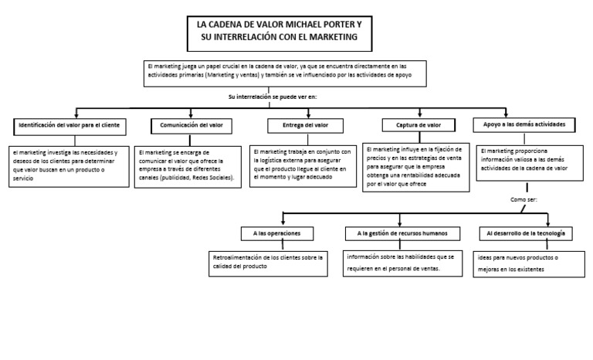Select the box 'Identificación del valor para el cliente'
(70, 124)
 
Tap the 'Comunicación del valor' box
(191, 124)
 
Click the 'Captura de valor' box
(418, 125)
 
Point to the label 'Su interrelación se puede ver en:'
(273, 97)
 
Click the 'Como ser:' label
(524, 199)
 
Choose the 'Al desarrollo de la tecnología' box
(526, 233)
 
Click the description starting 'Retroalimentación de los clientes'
(269, 262)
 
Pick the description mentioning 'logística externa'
(301, 167)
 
